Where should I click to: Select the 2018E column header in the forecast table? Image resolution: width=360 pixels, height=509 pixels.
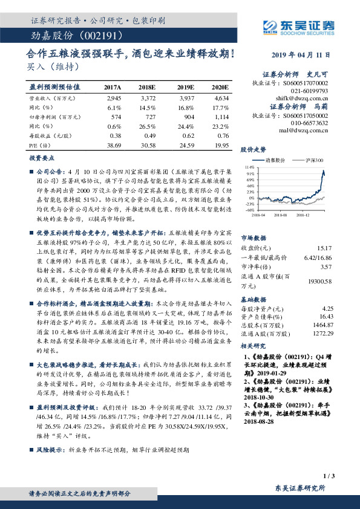point(147,88)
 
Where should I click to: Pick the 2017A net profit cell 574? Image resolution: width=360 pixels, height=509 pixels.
point(116,115)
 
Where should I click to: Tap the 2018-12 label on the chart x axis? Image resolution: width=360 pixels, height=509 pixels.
point(312,213)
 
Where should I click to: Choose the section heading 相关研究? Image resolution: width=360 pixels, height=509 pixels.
point(254,346)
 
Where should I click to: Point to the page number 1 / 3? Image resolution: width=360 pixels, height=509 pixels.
point(329,477)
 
